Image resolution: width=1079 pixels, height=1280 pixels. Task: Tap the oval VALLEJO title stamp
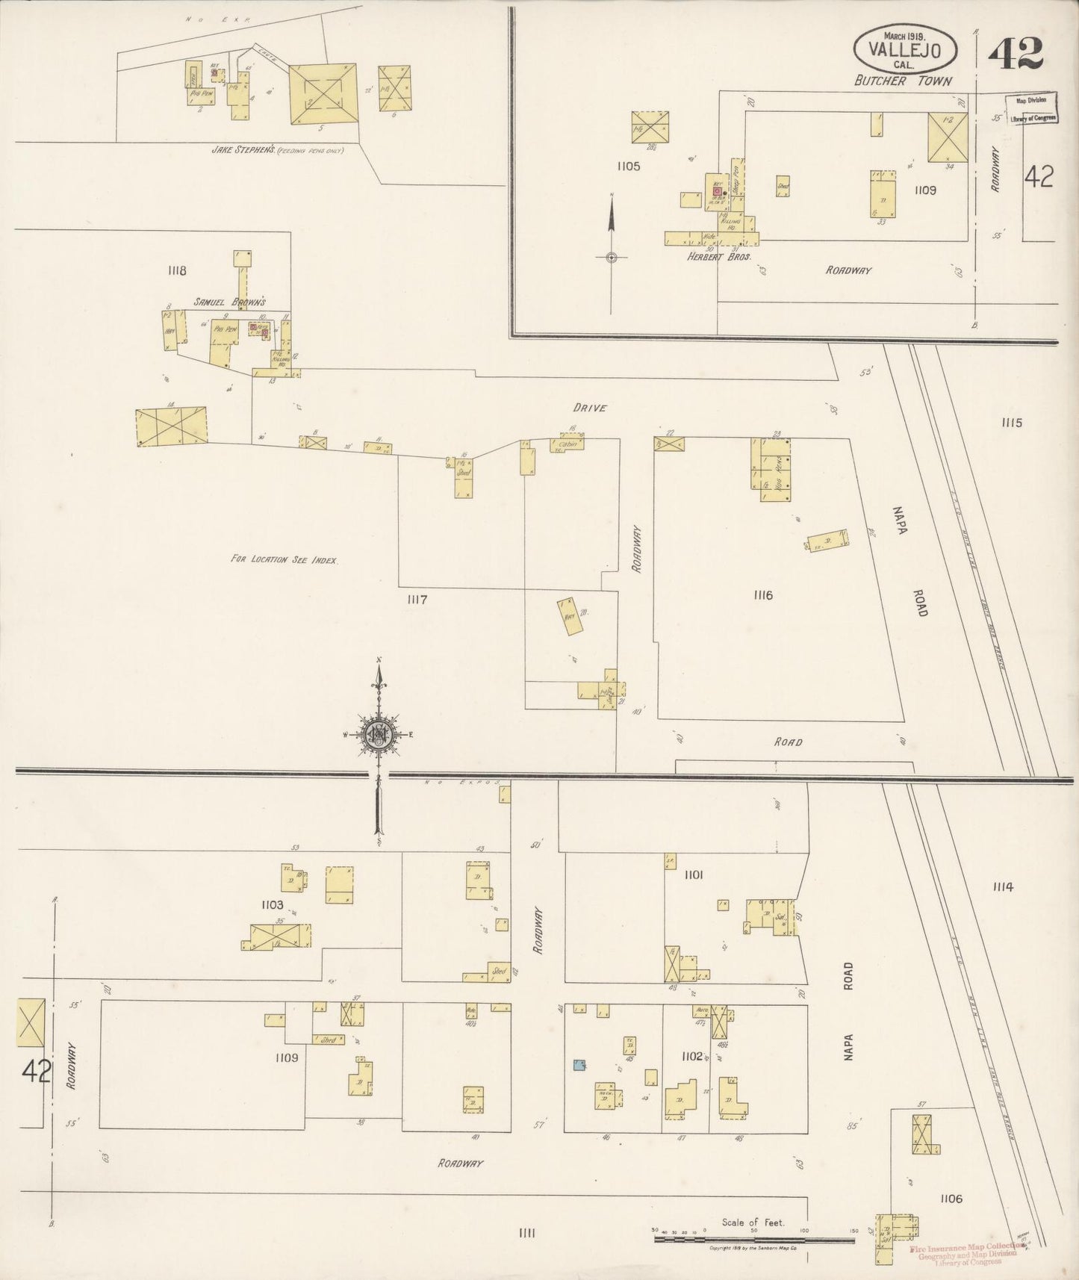[x=907, y=48]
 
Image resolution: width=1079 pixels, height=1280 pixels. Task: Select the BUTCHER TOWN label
[x=904, y=81]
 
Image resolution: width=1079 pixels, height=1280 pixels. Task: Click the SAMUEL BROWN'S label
[x=230, y=302]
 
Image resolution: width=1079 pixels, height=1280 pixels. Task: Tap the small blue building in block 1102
[x=579, y=1065]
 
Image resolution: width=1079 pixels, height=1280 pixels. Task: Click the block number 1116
[x=762, y=595]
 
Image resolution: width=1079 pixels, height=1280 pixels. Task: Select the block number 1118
[x=177, y=271]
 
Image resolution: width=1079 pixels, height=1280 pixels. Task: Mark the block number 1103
[x=272, y=905]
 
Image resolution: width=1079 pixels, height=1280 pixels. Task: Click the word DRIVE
[x=589, y=408]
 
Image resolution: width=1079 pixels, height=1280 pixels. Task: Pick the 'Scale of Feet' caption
[x=753, y=1222]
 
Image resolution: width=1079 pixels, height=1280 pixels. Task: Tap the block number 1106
[x=951, y=1199]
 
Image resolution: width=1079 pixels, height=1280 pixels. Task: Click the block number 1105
[x=628, y=167]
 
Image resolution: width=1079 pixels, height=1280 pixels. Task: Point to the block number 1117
[x=417, y=599]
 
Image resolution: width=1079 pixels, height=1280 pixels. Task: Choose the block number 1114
[x=1002, y=887]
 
